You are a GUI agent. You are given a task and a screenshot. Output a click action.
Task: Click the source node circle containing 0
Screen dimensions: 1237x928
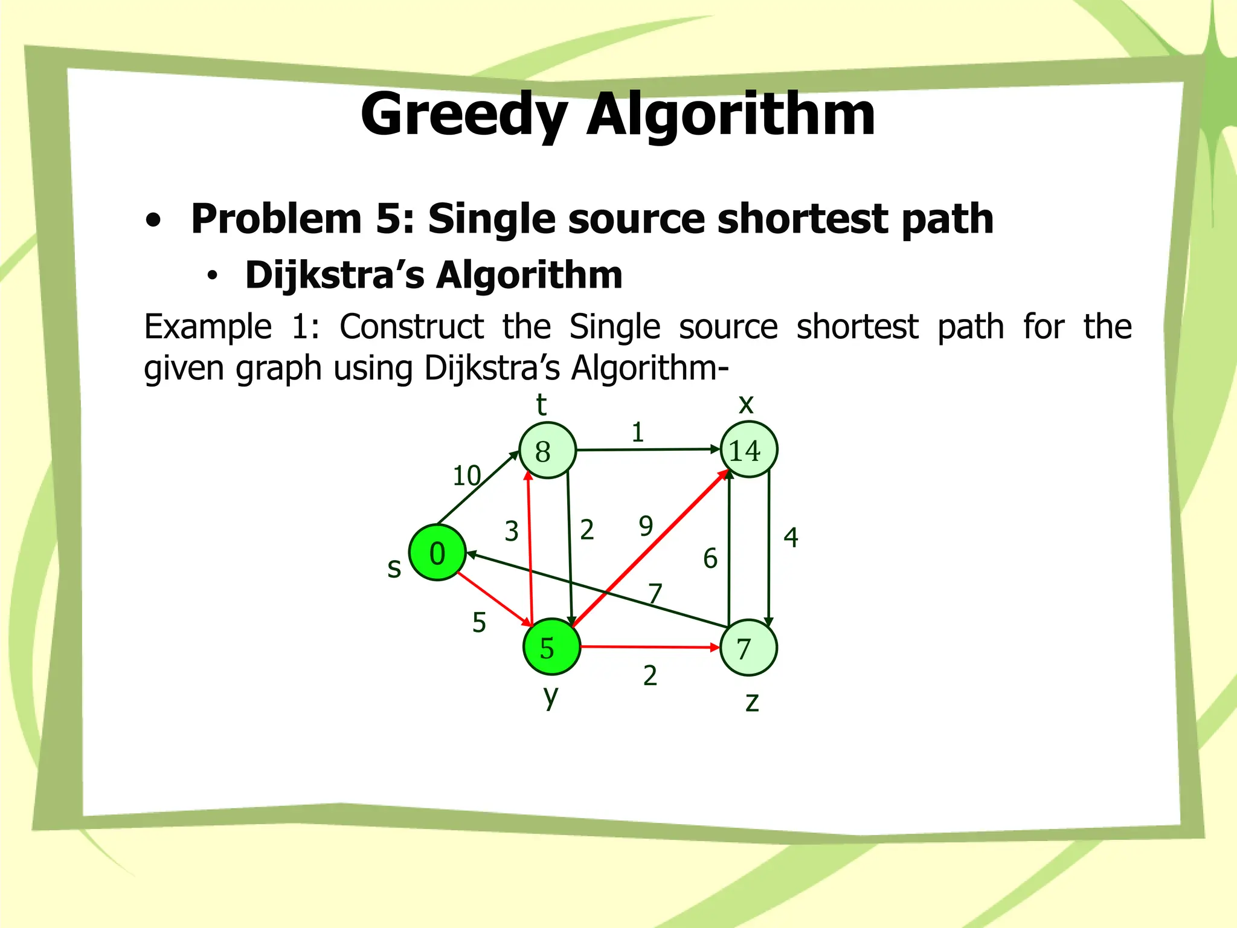pos(437,553)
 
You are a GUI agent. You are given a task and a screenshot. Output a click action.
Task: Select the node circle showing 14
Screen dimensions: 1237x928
pos(748,449)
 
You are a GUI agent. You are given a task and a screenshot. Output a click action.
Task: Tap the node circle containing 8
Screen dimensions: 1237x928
pos(547,451)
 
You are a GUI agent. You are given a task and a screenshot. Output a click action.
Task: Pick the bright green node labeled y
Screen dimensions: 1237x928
pos(551,647)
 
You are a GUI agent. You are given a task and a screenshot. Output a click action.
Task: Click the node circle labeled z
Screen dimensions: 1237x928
pos(748,648)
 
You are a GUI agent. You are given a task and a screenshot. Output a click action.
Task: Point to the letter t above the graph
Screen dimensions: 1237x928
pos(541,404)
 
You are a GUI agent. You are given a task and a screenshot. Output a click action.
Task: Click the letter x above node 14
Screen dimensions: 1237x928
pos(747,404)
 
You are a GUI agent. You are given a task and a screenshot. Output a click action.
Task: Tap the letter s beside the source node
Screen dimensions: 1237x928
pos(394,568)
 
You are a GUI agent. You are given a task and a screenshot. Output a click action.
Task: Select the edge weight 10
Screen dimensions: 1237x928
pos(467,476)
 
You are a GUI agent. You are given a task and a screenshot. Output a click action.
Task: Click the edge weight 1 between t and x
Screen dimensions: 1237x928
pos(637,433)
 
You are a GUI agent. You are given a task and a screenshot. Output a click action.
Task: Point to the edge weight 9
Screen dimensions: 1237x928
pos(646,526)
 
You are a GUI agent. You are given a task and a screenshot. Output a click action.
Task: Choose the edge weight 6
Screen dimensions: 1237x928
pos(710,558)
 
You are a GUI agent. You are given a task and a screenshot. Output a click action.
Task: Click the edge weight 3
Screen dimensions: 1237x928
pos(512,532)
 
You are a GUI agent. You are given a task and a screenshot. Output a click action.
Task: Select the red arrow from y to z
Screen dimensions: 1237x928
pos(649,647)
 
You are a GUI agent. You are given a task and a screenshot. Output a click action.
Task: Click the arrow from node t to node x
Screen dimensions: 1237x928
pos(646,449)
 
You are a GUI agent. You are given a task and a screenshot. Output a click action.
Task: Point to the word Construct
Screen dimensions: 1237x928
pos(411,327)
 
